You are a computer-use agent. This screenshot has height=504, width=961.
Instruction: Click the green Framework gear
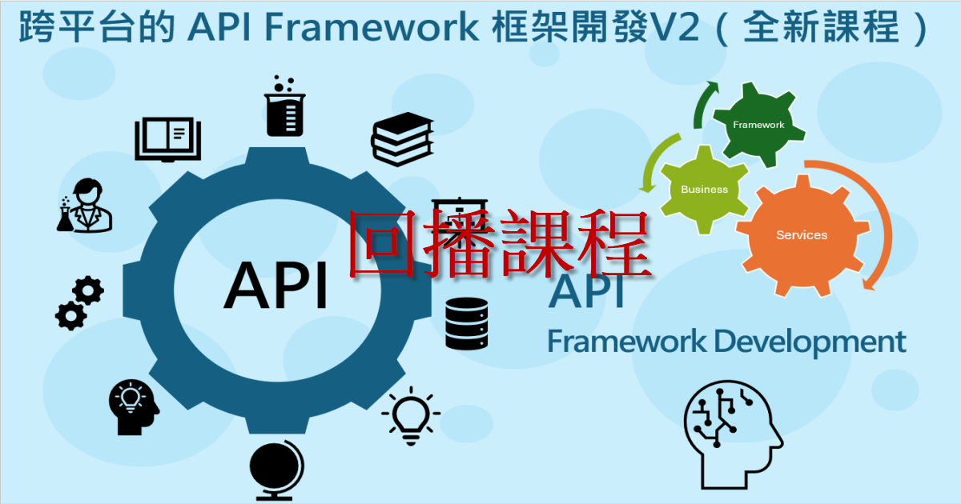point(758,124)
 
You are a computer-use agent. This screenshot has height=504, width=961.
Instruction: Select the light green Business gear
point(704,190)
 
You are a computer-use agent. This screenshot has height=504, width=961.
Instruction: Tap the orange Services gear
point(802,235)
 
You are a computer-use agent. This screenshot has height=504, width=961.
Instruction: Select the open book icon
point(167,139)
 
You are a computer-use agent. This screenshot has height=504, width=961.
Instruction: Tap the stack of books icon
point(402,139)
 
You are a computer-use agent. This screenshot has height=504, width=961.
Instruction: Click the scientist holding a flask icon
point(85,206)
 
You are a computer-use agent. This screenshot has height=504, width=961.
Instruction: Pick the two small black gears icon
point(80,303)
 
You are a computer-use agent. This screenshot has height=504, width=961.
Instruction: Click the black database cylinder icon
point(466,323)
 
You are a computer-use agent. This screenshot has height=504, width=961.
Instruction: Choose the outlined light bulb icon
point(411,416)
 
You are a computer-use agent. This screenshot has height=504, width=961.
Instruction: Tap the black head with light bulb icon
point(134,407)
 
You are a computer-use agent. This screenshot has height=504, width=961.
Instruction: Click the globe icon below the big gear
point(276,471)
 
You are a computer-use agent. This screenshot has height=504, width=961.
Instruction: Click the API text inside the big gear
point(275,286)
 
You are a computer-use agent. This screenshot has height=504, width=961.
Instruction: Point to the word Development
point(810,343)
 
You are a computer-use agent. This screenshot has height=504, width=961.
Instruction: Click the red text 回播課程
point(500,243)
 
